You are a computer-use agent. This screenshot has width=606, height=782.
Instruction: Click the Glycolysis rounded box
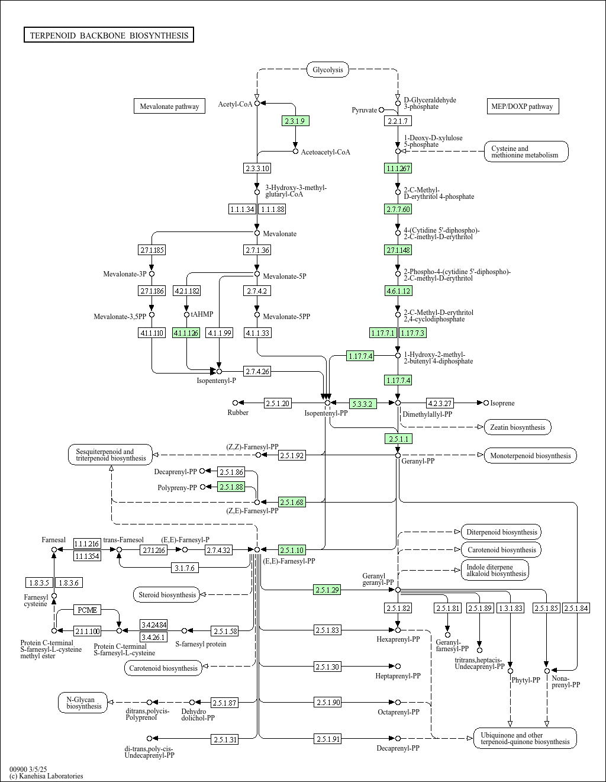tap(328, 70)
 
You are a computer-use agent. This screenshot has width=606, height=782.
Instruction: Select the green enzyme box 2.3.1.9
tap(295, 121)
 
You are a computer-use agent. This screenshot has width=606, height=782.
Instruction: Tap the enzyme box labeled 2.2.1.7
tap(397, 121)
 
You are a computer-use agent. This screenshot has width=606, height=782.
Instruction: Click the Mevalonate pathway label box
tap(169, 107)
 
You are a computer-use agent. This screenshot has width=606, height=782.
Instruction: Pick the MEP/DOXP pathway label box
tap(522, 107)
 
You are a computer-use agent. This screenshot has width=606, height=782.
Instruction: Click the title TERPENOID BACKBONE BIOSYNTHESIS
tap(109, 36)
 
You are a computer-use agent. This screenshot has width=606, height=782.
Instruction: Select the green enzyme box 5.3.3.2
tap(362, 404)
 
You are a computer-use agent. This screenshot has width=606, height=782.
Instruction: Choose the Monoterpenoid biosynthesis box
tap(530, 455)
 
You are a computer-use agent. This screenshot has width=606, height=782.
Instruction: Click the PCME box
tap(88, 610)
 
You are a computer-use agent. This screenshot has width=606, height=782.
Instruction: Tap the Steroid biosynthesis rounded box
tap(167, 594)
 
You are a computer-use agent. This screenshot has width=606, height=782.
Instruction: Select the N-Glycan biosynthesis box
tap(84, 703)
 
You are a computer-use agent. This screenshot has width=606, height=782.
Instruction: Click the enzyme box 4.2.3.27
tap(440, 403)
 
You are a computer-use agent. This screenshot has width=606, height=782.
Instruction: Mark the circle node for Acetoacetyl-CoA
tap(295, 152)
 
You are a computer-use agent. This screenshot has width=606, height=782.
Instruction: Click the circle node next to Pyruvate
tap(382, 110)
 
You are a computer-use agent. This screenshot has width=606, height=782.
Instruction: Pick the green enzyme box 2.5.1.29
tap(327, 590)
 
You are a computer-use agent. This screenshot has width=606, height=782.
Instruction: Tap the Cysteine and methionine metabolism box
tap(526, 152)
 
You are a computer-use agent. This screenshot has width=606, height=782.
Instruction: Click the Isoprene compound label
tap(502, 403)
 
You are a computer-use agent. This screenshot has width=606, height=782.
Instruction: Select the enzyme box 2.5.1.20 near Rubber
tap(278, 403)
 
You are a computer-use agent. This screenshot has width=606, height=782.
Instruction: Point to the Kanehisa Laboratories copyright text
tap(46, 775)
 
